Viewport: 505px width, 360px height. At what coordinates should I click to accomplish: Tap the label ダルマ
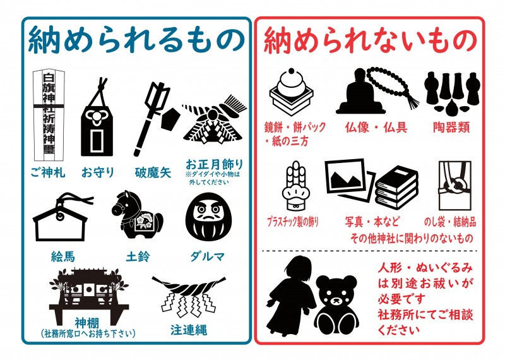coord(207,256)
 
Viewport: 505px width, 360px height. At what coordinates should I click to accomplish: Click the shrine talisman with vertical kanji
coord(49,114)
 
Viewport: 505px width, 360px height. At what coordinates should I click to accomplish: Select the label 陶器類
coord(451,127)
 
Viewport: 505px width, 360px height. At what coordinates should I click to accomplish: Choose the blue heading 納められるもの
coord(136,39)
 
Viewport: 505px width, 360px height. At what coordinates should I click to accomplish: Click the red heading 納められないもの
coord(369,39)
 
